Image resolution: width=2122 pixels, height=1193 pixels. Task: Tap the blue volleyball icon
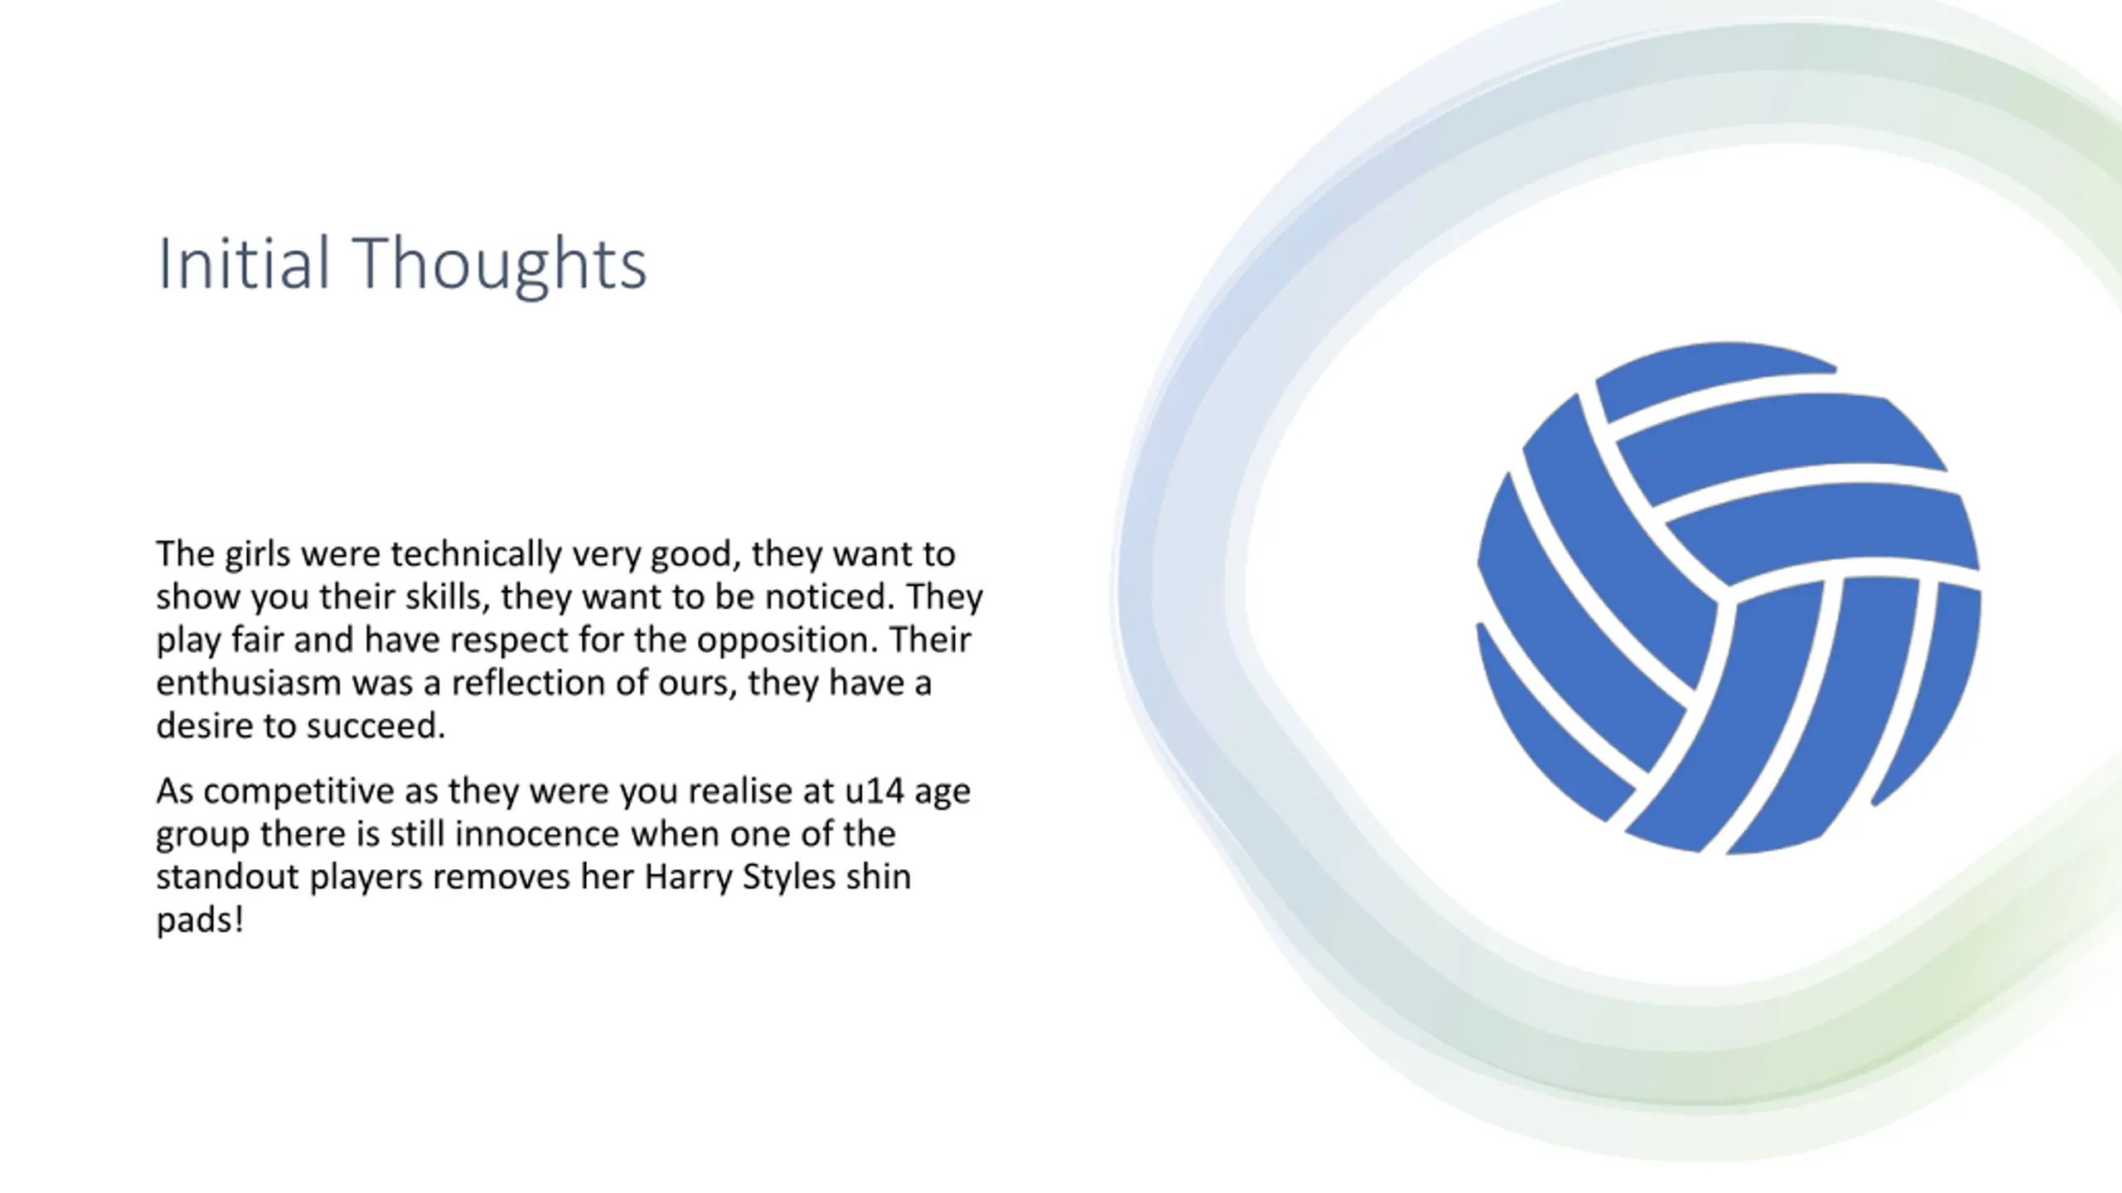tap(1728, 597)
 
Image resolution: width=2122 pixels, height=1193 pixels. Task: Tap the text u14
tap(874, 791)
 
